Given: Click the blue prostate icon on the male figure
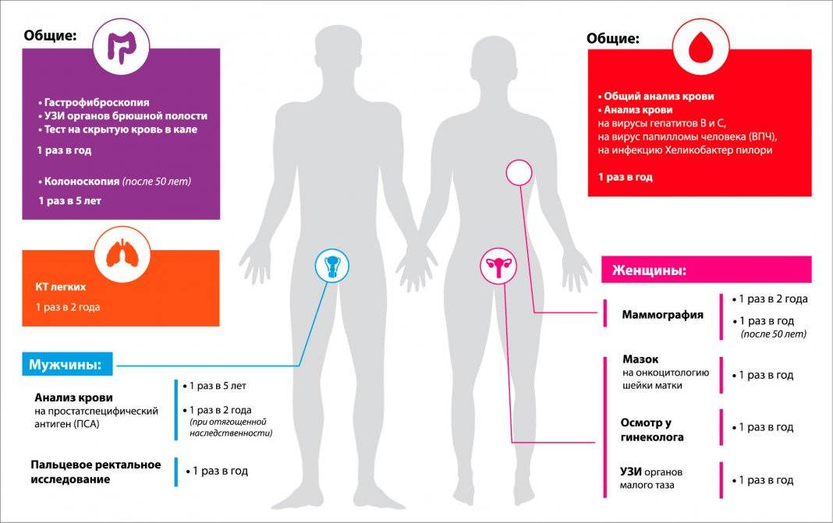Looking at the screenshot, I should pos(332,267).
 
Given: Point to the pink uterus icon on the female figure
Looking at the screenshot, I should pos(496,267).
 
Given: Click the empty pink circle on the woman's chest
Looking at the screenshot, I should pos(519,172).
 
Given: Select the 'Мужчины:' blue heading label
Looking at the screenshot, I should pos(68,364).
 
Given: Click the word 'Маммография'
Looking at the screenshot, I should pos(662,316).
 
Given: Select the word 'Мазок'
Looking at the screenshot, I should pos(640,359).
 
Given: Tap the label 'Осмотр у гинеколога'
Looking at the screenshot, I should pos(652,430).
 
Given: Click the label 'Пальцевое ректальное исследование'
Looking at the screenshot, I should pos(95,472).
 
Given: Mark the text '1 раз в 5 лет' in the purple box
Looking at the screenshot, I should pos(69,200).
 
